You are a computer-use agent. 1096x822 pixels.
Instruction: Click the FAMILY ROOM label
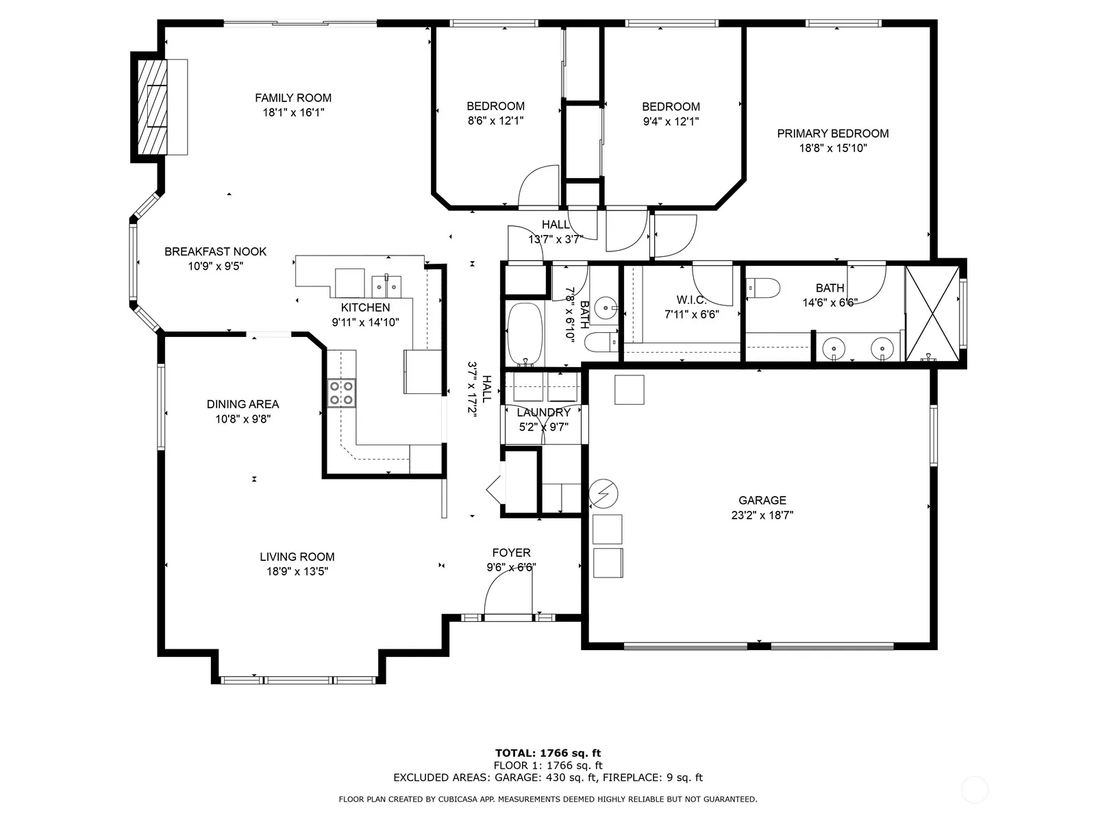293,98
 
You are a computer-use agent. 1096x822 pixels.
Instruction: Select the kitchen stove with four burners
342,393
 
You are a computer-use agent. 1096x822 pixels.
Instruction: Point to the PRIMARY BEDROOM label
833,134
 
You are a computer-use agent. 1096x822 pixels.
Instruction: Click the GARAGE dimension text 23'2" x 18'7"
762,515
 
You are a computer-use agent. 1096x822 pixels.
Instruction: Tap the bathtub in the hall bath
525,334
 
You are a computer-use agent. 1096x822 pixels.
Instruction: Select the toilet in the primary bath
763,288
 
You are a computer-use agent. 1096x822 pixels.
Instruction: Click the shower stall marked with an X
932,314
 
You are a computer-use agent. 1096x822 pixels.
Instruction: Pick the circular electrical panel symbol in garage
603,494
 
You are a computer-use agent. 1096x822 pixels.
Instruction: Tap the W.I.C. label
692,300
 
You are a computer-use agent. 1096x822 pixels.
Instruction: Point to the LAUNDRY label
544,413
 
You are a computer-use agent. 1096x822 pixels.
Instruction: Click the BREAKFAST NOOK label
216,251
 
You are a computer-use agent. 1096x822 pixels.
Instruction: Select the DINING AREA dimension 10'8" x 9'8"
243,419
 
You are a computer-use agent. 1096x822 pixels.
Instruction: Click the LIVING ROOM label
297,556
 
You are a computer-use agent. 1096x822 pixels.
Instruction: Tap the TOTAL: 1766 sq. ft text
548,753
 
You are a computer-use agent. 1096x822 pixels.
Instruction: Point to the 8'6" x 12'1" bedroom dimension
496,121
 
